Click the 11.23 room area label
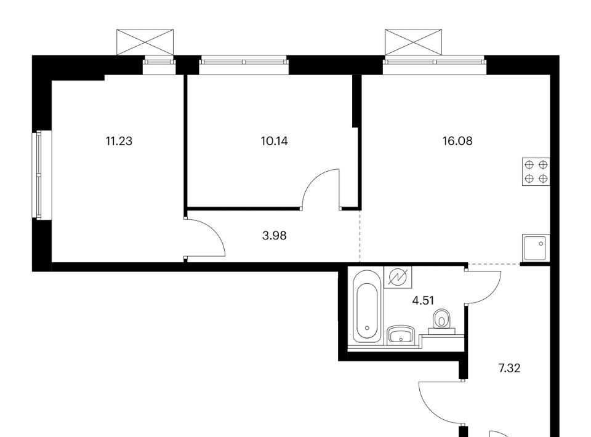(119, 142)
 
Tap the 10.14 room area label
(274, 142)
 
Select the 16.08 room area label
(457, 141)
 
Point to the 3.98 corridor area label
(274, 236)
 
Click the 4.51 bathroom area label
(423, 300)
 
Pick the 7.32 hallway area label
(509, 368)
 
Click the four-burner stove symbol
(536, 172)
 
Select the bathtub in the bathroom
(367, 307)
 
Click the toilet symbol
(441, 322)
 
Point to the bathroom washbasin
(401, 334)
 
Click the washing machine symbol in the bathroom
(398, 278)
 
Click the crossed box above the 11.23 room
(145, 42)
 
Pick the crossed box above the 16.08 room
(414, 42)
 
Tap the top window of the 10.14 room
(244, 65)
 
